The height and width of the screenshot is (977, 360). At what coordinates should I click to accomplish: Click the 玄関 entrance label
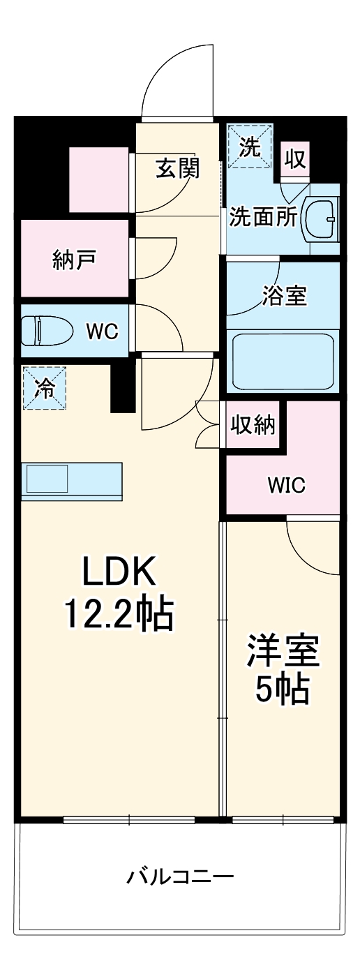[177, 168]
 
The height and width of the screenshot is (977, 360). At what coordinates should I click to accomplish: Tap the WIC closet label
[285, 486]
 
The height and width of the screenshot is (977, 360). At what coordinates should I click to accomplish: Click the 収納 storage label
[253, 425]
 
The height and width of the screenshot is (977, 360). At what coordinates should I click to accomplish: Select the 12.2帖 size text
[119, 615]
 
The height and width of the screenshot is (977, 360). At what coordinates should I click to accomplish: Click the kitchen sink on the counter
[47, 479]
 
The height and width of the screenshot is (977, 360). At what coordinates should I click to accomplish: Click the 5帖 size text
[282, 690]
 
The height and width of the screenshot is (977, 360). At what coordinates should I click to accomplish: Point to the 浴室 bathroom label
[285, 296]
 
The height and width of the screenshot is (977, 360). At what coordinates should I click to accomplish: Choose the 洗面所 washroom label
[264, 218]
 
